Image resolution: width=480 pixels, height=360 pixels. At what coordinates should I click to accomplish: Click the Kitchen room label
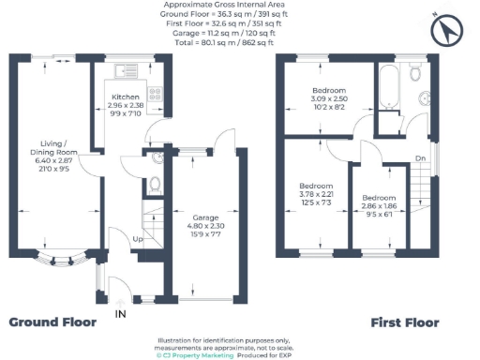pos(125,97)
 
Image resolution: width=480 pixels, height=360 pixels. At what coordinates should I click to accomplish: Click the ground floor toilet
pos(156,184)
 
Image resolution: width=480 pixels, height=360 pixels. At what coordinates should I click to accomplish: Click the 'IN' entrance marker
pos(120,312)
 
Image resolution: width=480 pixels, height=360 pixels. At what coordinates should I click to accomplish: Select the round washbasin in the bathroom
pos(425,97)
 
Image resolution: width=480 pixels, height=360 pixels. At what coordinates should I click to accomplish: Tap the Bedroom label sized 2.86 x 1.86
pos(379,199)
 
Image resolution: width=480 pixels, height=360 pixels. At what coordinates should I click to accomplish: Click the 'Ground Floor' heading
pos(52,322)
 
